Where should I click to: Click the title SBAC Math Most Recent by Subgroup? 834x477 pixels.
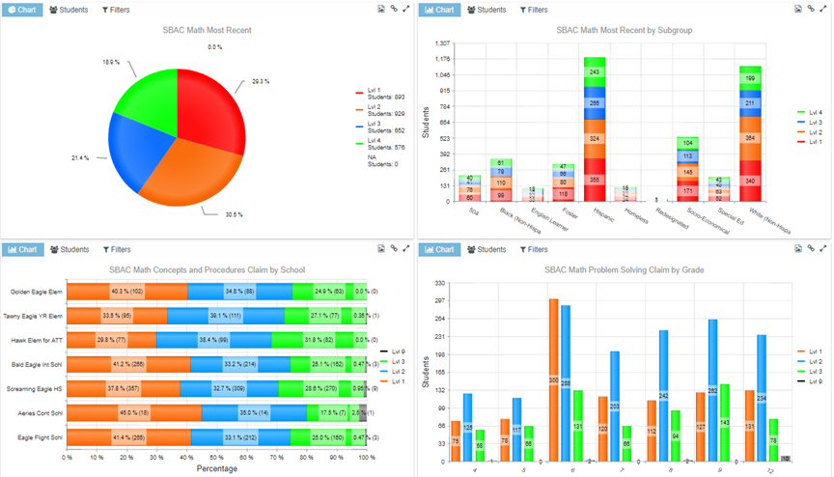point(624,30)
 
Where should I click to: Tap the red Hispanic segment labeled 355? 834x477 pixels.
point(594,180)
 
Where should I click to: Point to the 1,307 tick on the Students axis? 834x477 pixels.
point(443,43)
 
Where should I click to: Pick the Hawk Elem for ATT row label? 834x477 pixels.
point(37,340)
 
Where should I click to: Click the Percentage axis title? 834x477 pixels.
point(216,468)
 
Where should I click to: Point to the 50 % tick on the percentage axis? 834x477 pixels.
point(217,457)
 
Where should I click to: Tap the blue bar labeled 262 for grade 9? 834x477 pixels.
point(712,390)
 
